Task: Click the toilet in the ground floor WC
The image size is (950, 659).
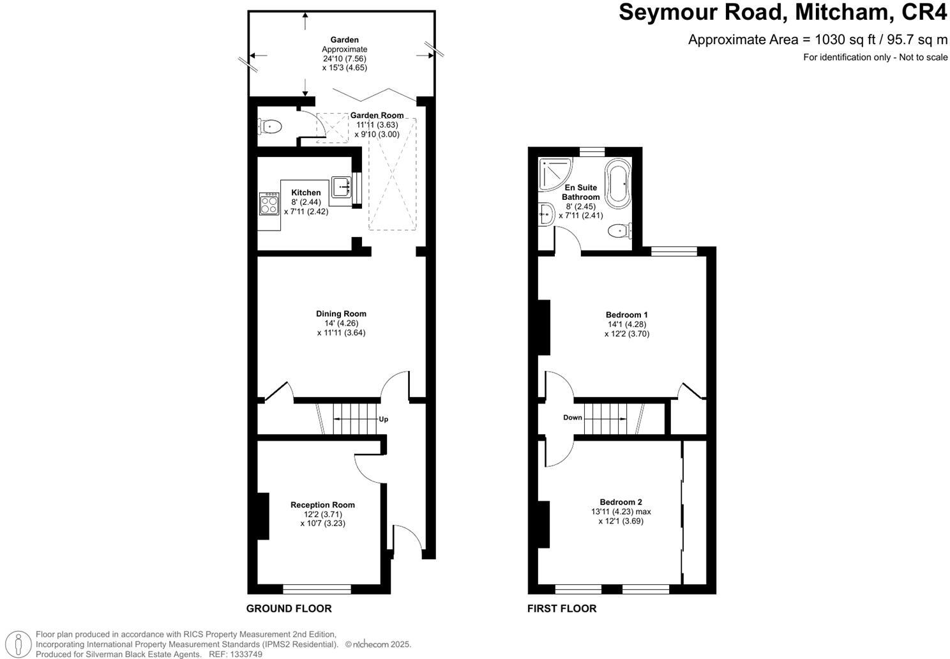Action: (x=269, y=126)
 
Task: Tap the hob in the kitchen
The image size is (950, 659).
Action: (x=269, y=204)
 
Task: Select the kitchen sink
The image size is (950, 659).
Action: (x=340, y=187)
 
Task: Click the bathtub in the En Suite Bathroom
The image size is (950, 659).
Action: (x=618, y=185)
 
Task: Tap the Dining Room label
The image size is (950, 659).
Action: (x=341, y=314)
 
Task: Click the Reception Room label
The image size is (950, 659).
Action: (x=322, y=504)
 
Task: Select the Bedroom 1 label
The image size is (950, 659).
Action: (x=626, y=315)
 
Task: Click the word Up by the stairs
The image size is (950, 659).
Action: (x=384, y=420)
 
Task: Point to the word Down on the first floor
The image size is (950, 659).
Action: (x=573, y=418)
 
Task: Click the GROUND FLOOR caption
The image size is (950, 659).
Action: (x=289, y=609)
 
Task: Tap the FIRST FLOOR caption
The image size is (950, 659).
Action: (x=561, y=609)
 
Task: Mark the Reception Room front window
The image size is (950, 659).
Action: (x=317, y=589)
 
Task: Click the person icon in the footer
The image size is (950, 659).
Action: (x=19, y=644)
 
